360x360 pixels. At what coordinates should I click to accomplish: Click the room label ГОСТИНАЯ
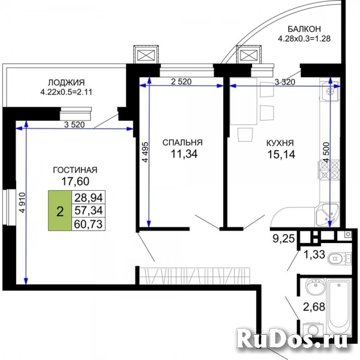[75, 170]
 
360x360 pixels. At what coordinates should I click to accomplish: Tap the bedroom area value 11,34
[184, 154]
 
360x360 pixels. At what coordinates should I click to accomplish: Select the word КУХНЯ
[280, 143]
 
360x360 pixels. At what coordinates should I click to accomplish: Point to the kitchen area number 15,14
[281, 155]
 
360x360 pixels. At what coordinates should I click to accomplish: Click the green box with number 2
[59, 211]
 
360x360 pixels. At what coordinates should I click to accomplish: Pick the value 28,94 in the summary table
[88, 197]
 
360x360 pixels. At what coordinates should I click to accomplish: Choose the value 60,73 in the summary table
[88, 224]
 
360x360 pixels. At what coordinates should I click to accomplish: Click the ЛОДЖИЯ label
[66, 82]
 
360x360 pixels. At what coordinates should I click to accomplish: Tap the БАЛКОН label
[304, 29]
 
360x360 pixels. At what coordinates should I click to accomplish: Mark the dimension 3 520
[74, 125]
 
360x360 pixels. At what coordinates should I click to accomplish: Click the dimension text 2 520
[181, 82]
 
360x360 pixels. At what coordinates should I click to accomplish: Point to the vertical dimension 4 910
[22, 203]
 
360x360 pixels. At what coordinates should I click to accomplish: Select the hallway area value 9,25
[284, 239]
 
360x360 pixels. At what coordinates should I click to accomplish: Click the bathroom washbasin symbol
[316, 286]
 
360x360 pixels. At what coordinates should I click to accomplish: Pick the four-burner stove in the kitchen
[329, 169]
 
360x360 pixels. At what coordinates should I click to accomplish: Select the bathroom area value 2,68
[314, 307]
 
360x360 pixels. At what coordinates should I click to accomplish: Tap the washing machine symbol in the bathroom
[313, 330]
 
